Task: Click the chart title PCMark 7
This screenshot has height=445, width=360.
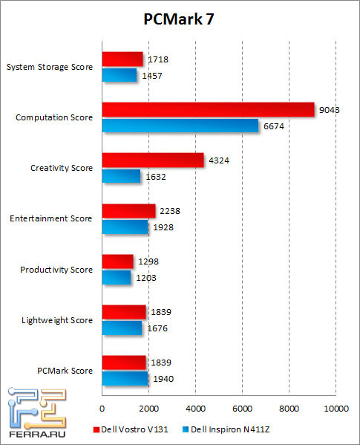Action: (180, 21)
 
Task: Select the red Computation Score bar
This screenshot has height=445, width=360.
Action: (208, 110)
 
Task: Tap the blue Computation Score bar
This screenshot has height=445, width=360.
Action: (180, 126)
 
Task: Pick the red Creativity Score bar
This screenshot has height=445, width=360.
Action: (152, 160)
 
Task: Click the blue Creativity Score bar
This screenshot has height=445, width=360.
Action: (121, 176)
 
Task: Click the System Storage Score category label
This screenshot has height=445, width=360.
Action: (49, 67)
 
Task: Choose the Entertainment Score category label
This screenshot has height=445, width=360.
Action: (51, 218)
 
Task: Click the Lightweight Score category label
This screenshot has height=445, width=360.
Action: (57, 320)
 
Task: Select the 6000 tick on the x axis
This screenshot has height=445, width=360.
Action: (242, 409)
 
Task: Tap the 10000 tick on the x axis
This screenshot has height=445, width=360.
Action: (336, 409)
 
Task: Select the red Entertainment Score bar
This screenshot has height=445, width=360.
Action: (128, 211)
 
